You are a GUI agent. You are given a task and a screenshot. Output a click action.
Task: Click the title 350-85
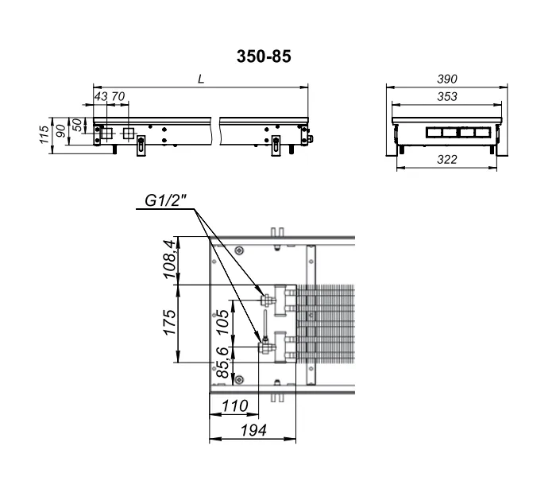[264, 56]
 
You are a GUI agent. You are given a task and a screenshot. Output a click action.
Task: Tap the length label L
[201, 79]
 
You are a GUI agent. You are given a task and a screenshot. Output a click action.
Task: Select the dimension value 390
[446, 79]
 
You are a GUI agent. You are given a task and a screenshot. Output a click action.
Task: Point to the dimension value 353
[446, 96]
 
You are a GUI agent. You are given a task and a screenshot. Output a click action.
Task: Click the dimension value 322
[446, 159]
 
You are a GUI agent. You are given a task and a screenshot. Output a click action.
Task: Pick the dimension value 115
[44, 134]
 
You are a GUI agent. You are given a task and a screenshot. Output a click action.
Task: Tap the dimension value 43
[101, 96]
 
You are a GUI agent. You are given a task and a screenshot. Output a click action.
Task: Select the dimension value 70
[118, 96]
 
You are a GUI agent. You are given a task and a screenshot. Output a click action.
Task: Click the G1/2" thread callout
[165, 201]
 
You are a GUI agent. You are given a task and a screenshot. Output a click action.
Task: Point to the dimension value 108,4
[170, 259]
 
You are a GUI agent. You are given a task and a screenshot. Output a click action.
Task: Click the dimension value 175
[170, 322]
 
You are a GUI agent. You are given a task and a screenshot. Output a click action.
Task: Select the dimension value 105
[223, 321]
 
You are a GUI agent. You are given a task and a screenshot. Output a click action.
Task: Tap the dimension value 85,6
[223, 362]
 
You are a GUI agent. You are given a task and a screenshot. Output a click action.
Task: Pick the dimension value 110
[235, 405]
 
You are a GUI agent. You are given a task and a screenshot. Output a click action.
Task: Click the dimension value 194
[253, 431]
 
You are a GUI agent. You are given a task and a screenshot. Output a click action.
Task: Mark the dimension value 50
[77, 125]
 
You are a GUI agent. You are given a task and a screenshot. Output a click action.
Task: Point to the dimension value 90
[61, 131]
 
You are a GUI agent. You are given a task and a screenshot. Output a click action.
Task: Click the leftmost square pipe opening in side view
[106, 134]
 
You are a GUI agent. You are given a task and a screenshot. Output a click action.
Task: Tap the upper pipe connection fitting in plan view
[267, 301]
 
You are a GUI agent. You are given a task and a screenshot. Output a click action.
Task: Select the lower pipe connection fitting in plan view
[266, 347]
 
